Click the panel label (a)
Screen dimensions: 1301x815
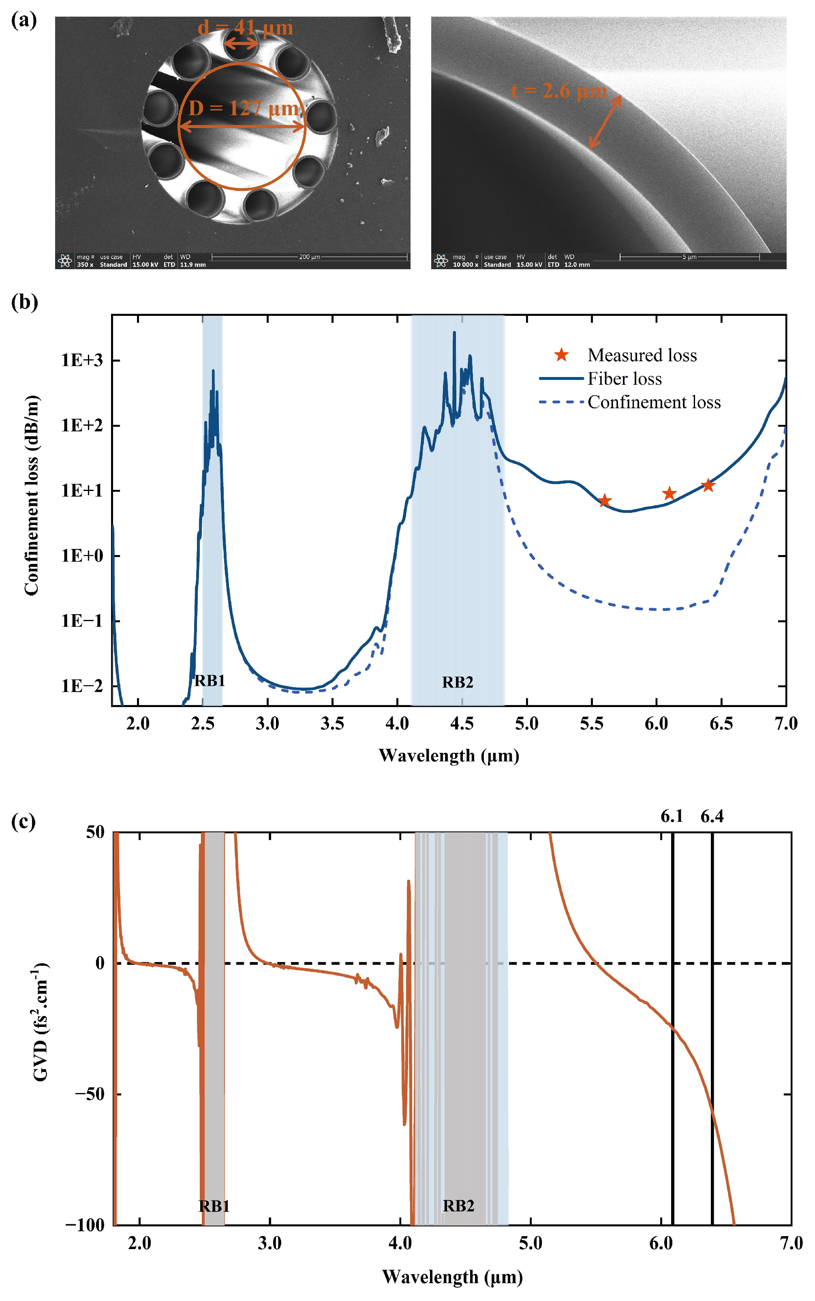(24, 21)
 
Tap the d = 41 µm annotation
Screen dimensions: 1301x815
(245, 28)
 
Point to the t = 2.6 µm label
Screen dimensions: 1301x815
(559, 90)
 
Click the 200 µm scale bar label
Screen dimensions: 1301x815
(309, 257)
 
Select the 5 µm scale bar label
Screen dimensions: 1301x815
(689, 257)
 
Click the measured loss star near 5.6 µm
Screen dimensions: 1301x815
(605, 500)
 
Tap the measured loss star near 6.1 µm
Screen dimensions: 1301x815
(669, 493)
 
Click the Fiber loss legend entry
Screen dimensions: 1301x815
(624, 379)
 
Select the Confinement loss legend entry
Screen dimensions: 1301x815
(654, 402)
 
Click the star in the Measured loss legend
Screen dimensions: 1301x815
(562, 355)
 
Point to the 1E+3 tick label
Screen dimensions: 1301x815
(81, 360)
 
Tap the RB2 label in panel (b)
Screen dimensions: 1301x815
(458, 683)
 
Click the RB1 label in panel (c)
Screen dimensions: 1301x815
(214, 1206)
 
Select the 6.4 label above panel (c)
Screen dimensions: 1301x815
(712, 816)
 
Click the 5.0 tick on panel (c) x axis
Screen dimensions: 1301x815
(530, 1243)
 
